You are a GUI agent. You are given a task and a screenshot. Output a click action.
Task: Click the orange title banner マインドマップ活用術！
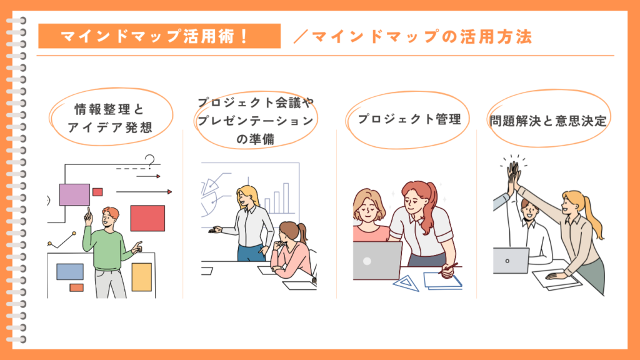(x=159, y=36)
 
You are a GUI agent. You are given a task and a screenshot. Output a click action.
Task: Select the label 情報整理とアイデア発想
(x=110, y=118)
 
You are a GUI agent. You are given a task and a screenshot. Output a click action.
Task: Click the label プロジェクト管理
(x=409, y=119)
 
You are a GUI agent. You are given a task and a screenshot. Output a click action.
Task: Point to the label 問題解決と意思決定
(x=548, y=121)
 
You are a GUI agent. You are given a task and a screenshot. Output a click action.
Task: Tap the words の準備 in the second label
(x=255, y=139)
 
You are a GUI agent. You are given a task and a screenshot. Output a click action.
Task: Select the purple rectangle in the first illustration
(x=74, y=195)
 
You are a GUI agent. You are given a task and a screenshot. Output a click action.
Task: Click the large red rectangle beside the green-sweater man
(x=147, y=218)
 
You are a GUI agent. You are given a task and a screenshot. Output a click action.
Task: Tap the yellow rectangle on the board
(x=142, y=277)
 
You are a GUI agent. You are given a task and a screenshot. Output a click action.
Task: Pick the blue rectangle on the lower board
(x=70, y=272)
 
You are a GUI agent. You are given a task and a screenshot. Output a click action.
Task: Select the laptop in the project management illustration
(x=377, y=261)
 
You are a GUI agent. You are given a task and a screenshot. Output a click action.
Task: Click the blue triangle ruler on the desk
(x=406, y=283)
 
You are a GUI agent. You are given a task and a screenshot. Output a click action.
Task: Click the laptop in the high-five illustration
(x=511, y=261)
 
